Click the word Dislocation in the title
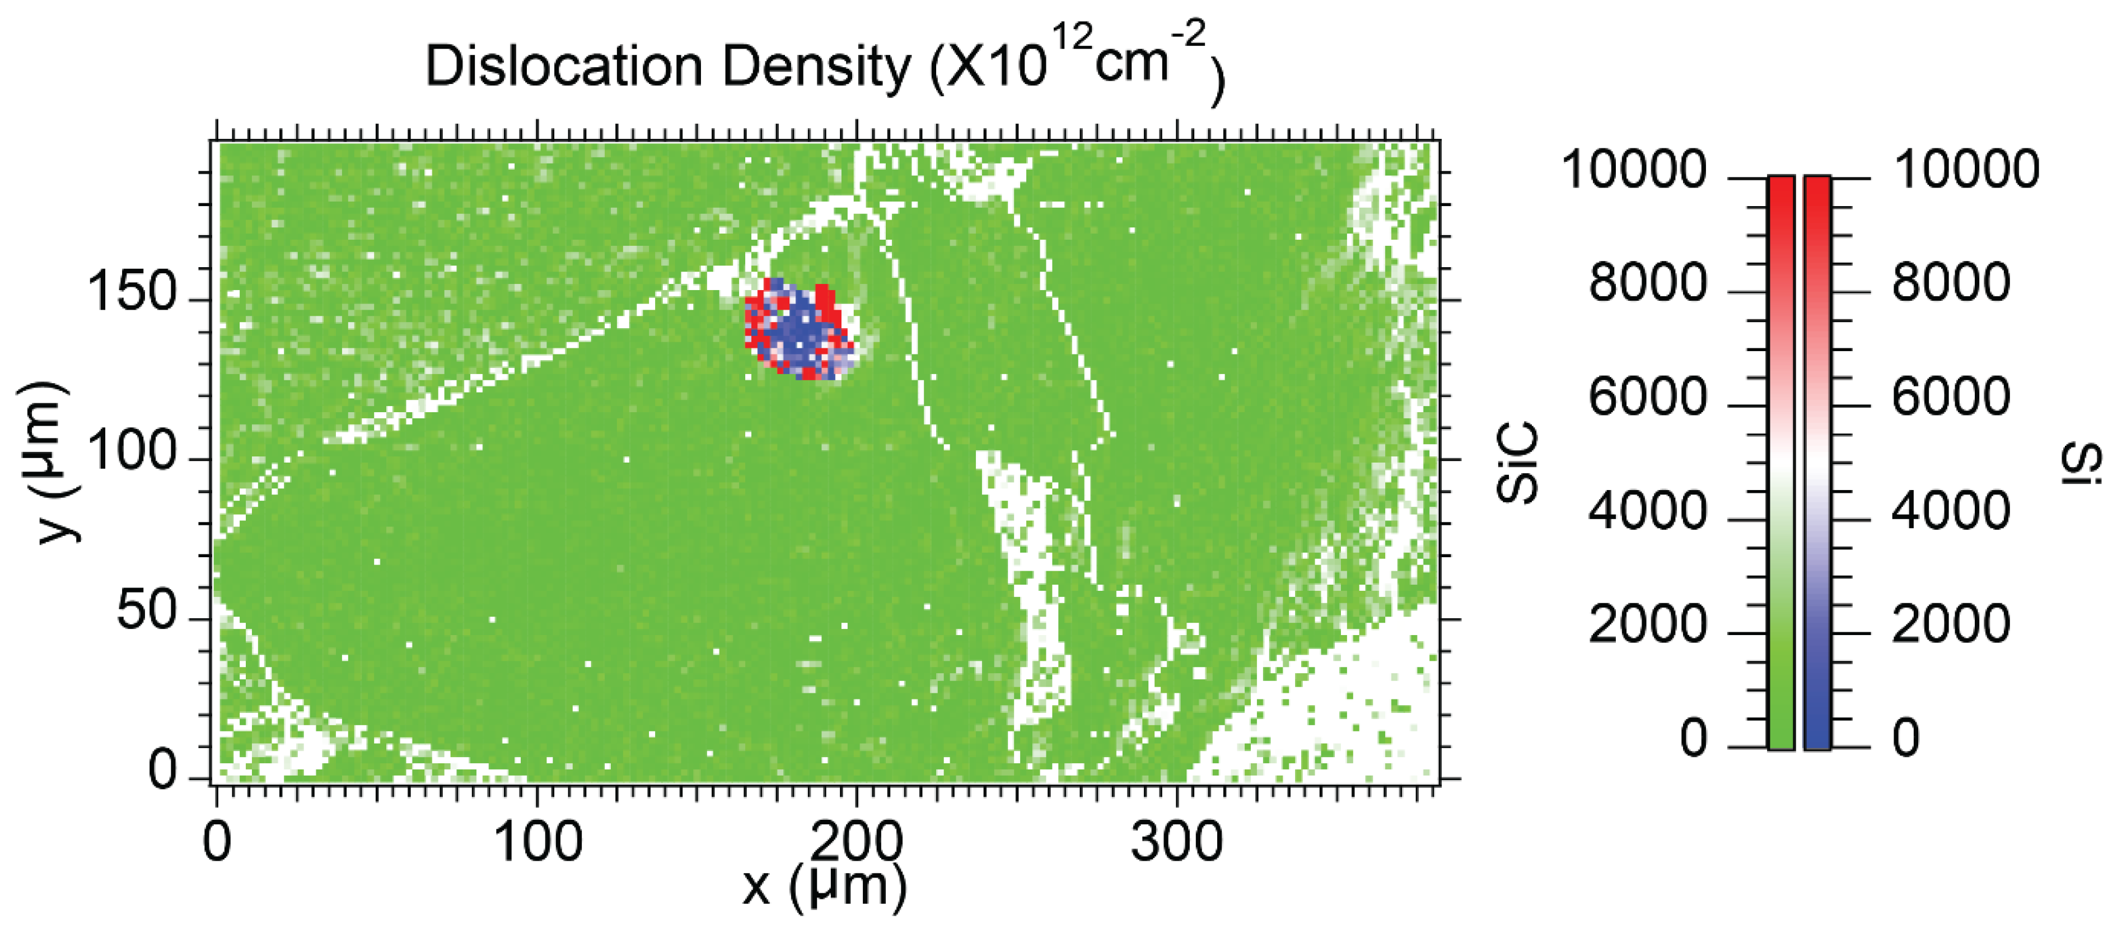point(563,66)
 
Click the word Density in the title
point(816,66)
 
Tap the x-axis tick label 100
point(538,842)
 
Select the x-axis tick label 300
point(1176,842)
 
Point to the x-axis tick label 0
point(217,842)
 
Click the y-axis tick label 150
point(132,292)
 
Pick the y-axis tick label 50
point(147,612)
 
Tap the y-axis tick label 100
point(132,452)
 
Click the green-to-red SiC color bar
point(1781,461)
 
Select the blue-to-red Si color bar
point(1817,461)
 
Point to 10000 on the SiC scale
point(1634,171)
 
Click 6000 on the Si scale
point(1951,397)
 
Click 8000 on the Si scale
point(1951,283)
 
